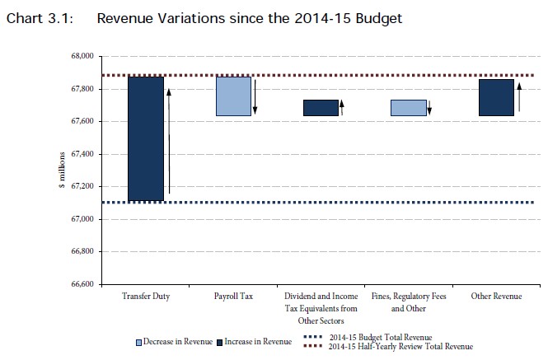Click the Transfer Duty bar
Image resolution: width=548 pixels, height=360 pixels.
(145, 138)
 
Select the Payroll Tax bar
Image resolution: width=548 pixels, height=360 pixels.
(233, 96)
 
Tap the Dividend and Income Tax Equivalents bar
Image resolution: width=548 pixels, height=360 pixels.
(321, 108)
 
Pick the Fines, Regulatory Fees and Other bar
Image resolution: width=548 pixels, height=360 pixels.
(408, 108)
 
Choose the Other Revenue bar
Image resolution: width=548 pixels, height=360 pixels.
(496, 97)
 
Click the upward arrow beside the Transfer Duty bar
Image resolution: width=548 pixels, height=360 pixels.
(169, 140)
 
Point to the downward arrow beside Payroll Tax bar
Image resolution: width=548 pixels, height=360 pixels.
(255, 97)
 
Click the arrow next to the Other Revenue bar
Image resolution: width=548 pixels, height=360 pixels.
(518, 97)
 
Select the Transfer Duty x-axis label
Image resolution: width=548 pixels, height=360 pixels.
(145, 296)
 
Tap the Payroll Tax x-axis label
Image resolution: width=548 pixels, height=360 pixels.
(233, 296)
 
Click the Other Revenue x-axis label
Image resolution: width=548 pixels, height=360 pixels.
(496, 296)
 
